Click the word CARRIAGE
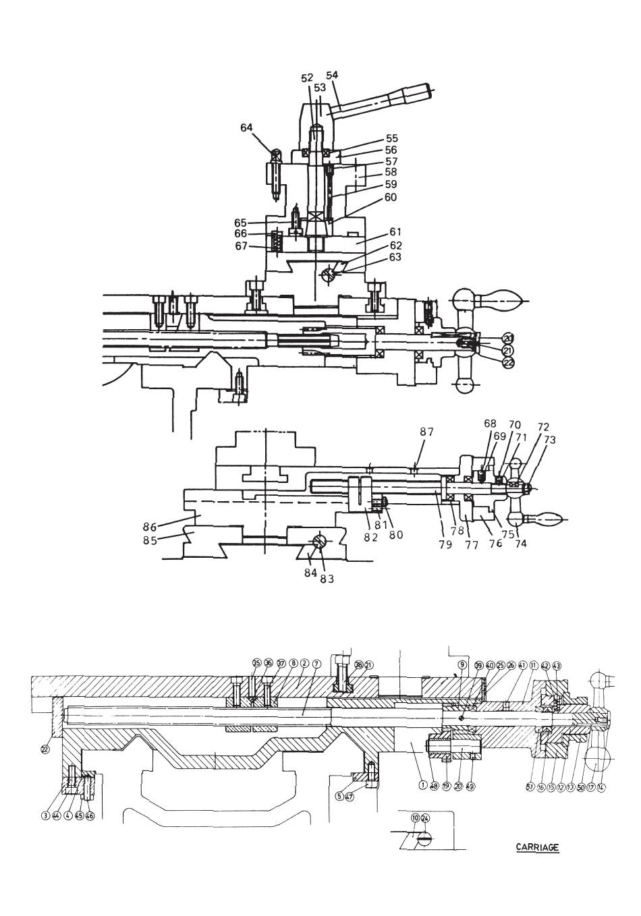click(x=537, y=847)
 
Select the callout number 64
click(x=247, y=127)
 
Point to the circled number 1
click(x=422, y=784)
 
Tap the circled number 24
click(x=424, y=818)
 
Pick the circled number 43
click(x=557, y=665)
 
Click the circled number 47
click(x=349, y=796)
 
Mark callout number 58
click(x=391, y=172)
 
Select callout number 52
click(x=307, y=78)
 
